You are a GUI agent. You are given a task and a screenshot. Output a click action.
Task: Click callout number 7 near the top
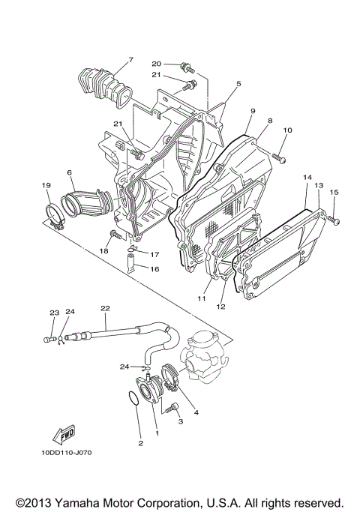click(x=130, y=59)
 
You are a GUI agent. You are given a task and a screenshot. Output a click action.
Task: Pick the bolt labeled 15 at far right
click(x=334, y=219)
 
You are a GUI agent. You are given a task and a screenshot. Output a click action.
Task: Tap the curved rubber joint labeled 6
click(x=87, y=202)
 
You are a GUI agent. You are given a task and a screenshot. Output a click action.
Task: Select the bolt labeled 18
click(x=115, y=236)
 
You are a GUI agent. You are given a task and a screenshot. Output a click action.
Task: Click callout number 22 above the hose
click(x=105, y=308)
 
